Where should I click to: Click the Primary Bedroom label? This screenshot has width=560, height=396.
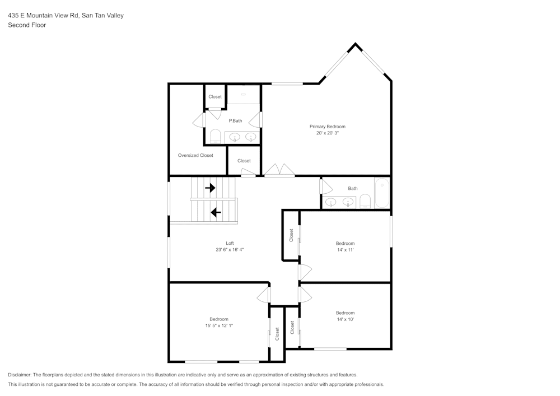click(327, 127)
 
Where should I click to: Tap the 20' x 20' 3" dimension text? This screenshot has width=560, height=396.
click(327, 134)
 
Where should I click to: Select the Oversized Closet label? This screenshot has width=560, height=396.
click(195, 155)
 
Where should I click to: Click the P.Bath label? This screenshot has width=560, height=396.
click(235, 120)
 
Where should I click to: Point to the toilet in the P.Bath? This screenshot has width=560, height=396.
click(214, 136)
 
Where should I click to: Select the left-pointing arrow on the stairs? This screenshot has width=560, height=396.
click(215, 212)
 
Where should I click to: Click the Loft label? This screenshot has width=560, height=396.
click(230, 243)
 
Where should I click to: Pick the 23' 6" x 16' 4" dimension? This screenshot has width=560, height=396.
click(230, 250)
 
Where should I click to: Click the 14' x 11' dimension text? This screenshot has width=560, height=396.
click(345, 250)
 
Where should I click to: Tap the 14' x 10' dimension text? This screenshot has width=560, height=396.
click(345, 320)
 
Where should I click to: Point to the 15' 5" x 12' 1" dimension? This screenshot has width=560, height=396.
click(218, 326)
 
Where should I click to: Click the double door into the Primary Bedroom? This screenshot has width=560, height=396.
click(279, 170)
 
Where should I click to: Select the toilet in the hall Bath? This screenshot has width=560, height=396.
click(365, 201)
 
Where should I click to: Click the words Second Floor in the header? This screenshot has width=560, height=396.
click(27, 25)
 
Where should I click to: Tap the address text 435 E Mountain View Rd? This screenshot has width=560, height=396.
click(44, 16)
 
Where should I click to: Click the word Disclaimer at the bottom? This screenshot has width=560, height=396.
click(20, 375)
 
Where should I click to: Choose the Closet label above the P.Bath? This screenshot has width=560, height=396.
click(215, 97)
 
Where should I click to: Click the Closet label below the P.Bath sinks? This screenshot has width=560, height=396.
click(244, 161)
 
